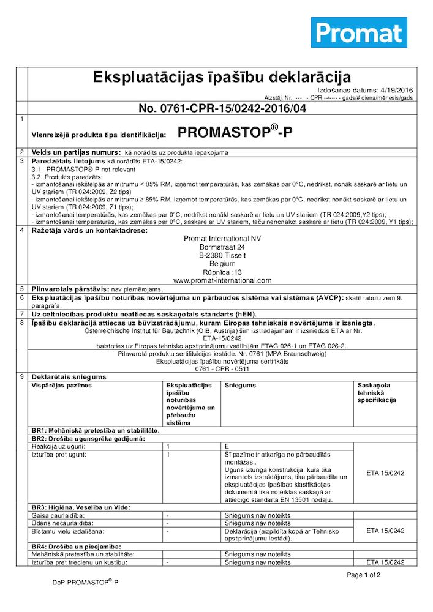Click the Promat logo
[359, 32]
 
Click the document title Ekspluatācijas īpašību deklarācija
[221, 77]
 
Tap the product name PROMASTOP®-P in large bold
[235, 132]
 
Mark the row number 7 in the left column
[22, 313]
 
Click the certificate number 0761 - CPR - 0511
[222, 370]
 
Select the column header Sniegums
[240, 386]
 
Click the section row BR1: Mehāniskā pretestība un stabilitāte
[95, 431]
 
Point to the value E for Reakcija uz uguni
[227, 447]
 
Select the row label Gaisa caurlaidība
[58, 516]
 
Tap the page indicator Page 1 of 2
[364, 575]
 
